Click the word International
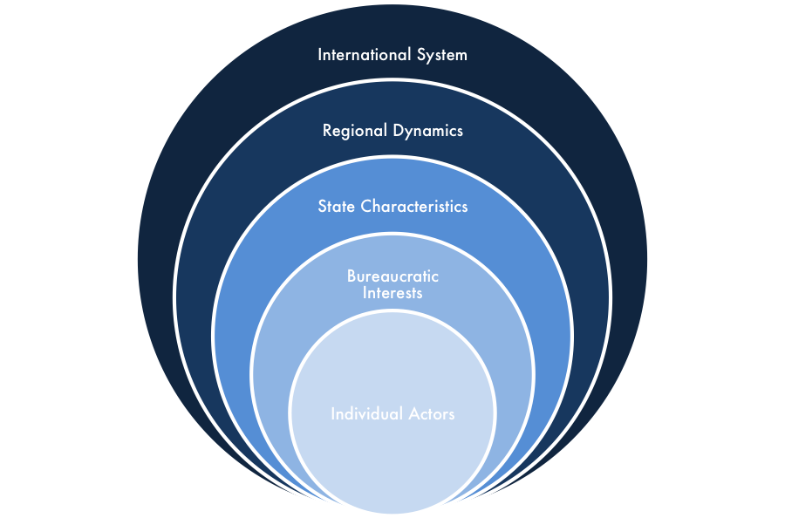point(358,55)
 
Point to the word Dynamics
point(427,131)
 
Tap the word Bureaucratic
point(392,276)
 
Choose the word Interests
point(392,293)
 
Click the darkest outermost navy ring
point(392,26)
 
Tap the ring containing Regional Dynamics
point(392,105)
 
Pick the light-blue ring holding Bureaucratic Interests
point(392,253)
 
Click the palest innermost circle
point(392,453)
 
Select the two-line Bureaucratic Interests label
point(392,284)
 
